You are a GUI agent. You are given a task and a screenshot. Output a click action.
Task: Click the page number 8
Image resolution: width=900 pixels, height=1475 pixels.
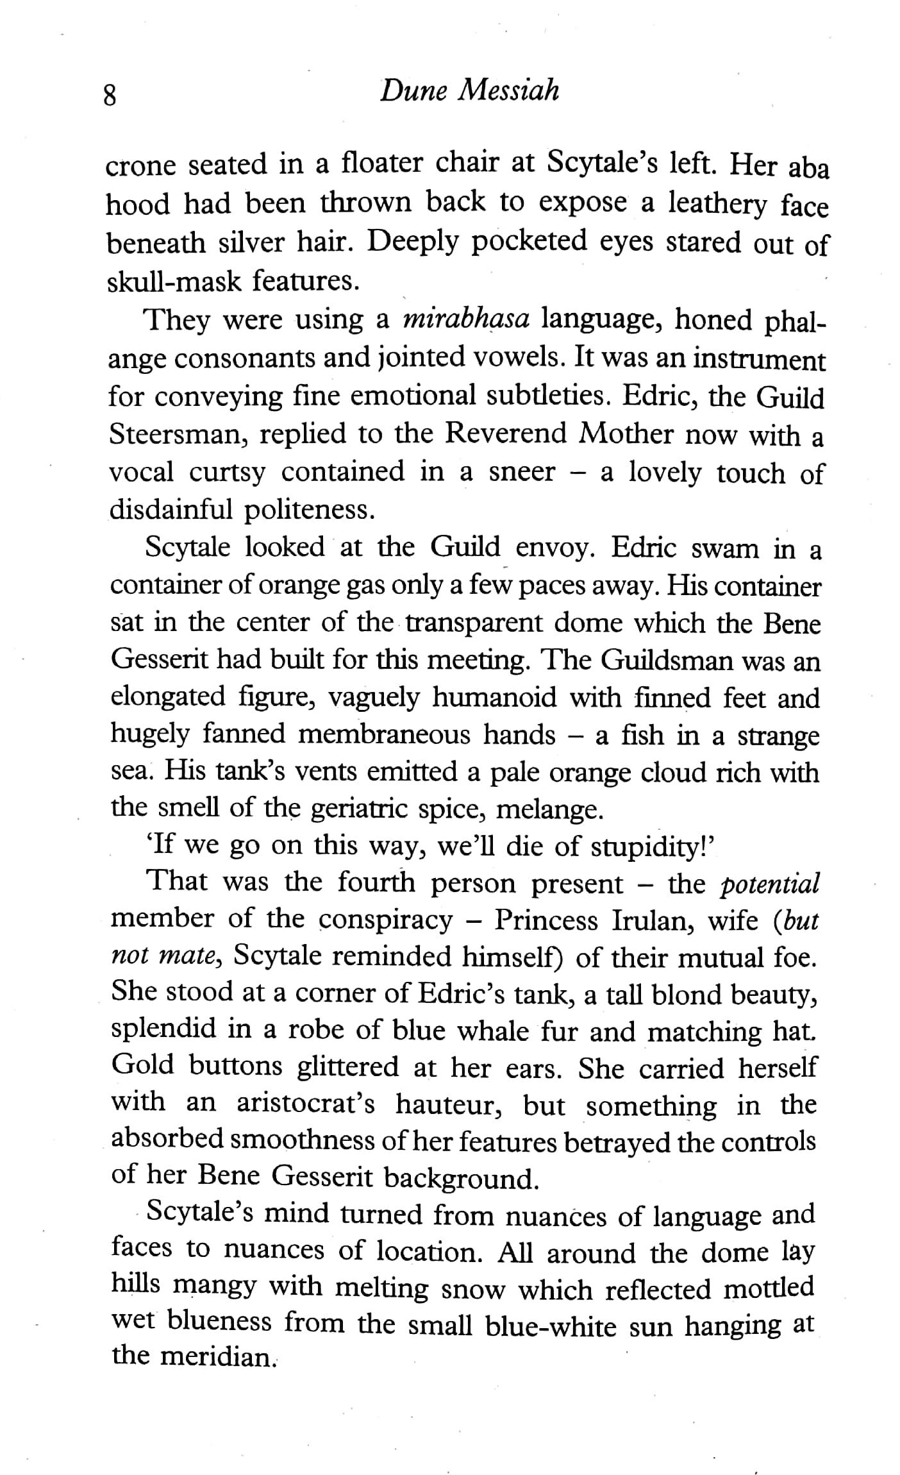tap(110, 96)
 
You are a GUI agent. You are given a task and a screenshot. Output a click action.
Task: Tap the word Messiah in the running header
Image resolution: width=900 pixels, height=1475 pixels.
tap(508, 91)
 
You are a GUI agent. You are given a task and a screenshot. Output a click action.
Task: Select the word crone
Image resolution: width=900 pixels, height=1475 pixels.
tap(140, 166)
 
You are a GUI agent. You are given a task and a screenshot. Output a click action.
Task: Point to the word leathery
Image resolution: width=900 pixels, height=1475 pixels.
tap(717, 205)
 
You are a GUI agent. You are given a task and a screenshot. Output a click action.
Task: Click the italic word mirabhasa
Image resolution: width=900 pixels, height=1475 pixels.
tap(465, 319)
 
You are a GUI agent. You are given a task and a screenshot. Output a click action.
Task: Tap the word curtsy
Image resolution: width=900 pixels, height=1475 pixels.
tap(227, 473)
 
